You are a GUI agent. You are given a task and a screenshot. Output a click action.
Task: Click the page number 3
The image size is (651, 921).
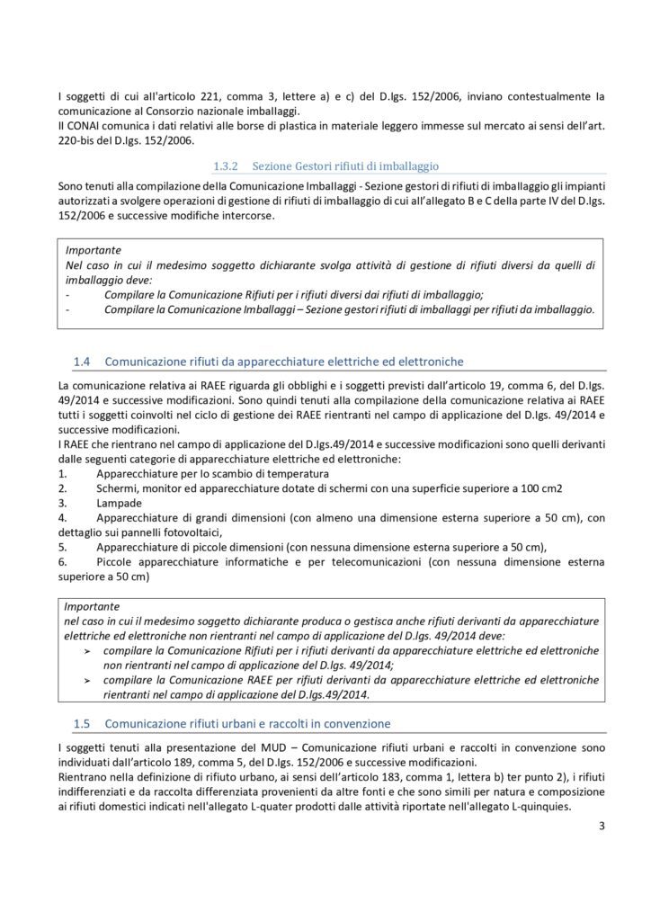coord(602,843)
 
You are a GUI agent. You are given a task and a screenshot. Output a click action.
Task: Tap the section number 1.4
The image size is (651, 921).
coord(82,362)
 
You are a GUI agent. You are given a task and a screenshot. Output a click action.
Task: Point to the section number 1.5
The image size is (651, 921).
coord(82,722)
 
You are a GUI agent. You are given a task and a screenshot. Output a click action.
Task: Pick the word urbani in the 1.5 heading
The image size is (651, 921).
coord(229,722)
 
